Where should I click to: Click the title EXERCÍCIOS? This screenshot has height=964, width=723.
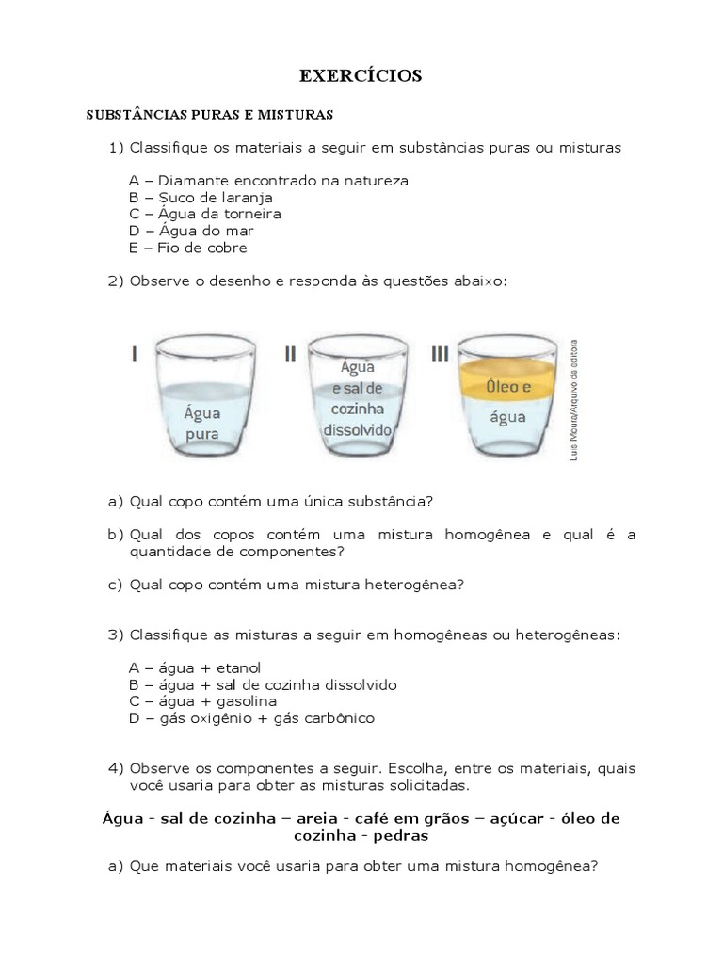point(361,76)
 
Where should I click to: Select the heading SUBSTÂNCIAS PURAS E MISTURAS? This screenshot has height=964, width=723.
point(210,115)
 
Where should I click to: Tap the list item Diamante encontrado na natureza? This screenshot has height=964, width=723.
point(268,181)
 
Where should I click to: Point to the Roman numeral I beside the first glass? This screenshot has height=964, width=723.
point(135,353)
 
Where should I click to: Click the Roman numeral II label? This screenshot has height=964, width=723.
point(290,353)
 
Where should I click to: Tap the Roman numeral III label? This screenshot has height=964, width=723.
point(440,353)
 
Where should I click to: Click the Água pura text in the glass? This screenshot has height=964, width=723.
point(202,423)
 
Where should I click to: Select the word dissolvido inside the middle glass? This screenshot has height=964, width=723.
point(356,428)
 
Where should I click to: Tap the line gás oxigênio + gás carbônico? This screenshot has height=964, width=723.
point(251,718)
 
